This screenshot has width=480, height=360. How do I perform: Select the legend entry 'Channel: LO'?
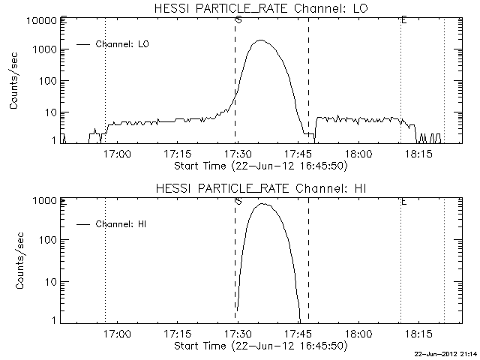pyautogui.click(x=124, y=45)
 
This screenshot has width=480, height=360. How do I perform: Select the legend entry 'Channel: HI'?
pyautogui.click(x=124, y=224)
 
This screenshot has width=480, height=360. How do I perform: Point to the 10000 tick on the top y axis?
pyautogui.click(x=43, y=19)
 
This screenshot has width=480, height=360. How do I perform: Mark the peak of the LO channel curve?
pyautogui.click(x=261, y=40)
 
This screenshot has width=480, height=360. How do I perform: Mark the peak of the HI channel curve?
pyautogui.click(x=262, y=203)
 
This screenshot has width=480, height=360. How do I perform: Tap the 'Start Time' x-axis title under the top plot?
pyautogui.click(x=259, y=165)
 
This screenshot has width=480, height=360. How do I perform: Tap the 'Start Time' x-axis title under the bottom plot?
pyautogui.click(x=259, y=346)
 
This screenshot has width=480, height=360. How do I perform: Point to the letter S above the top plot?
pyautogui.click(x=238, y=20)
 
